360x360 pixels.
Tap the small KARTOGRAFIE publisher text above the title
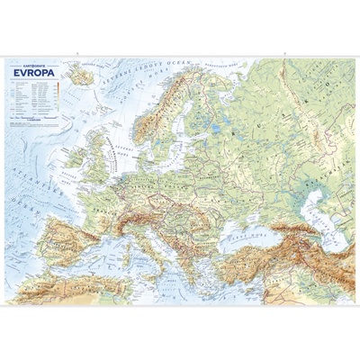tap(35, 66)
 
